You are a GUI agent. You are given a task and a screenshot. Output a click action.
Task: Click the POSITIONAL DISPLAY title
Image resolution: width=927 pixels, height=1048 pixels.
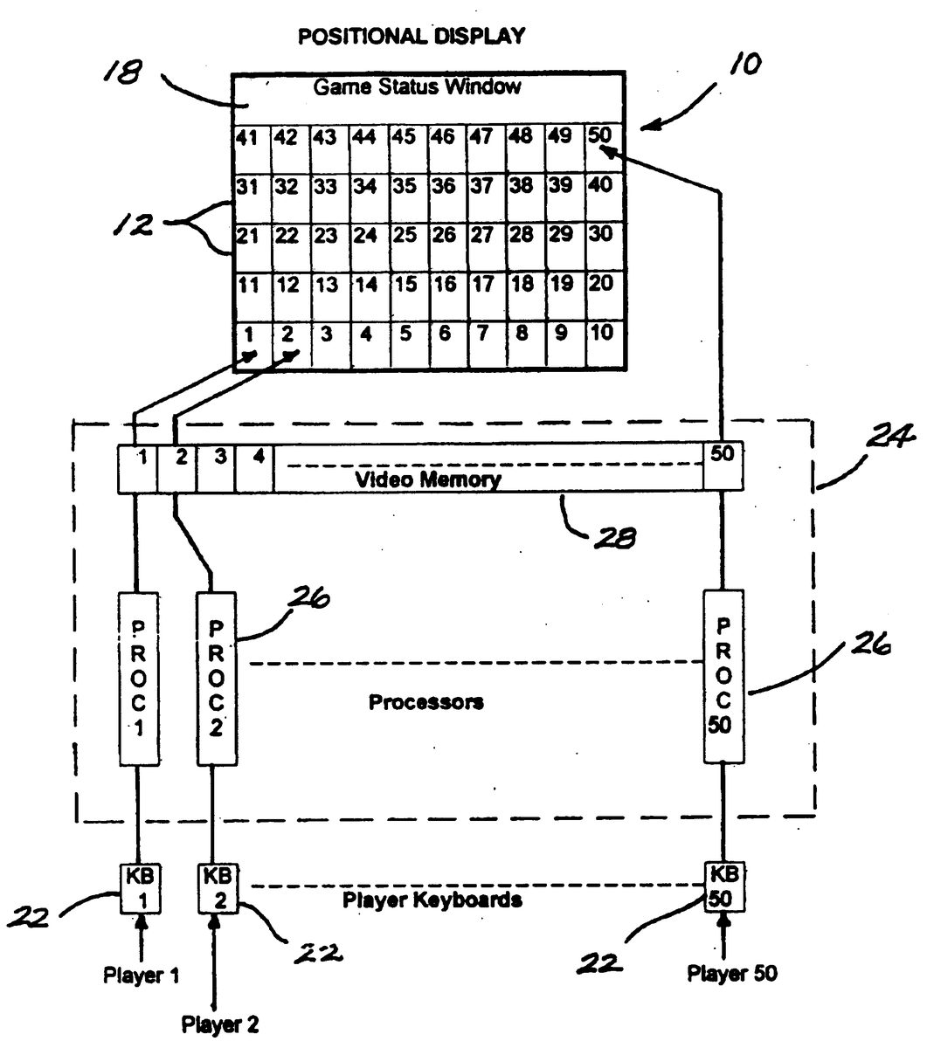click(x=411, y=37)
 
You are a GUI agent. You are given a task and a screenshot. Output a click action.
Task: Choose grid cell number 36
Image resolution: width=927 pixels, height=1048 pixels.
click(x=446, y=196)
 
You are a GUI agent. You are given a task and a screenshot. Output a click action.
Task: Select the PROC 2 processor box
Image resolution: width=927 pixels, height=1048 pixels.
click(x=217, y=679)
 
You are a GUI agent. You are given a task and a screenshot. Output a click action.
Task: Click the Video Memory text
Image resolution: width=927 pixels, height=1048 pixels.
click(x=428, y=479)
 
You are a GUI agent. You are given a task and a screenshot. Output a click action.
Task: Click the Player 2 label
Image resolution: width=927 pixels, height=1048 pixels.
click(x=220, y=1024)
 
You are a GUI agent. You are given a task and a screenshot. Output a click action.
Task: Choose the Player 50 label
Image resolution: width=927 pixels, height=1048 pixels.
click(x=732, y=973)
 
